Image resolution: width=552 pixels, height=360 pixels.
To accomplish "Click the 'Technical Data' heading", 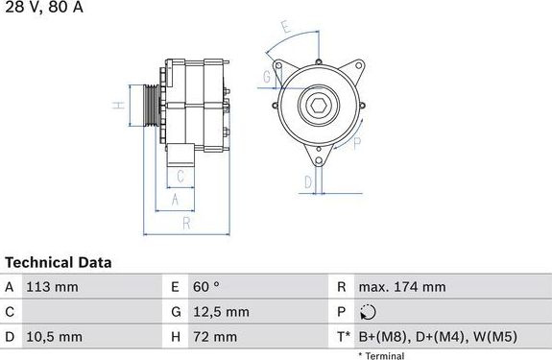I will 59,262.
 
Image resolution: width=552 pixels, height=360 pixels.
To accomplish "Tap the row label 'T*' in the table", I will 344,336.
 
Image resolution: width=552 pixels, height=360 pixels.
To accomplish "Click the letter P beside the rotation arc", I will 356,144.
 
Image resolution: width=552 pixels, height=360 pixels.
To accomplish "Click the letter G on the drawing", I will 266,76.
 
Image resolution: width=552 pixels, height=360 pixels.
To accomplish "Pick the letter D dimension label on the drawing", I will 307,180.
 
